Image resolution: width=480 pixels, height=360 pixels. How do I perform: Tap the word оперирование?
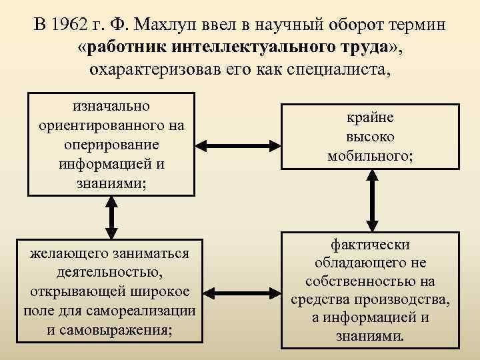tap(111, 145)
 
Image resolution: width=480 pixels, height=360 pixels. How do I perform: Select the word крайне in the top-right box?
tap(370, 118)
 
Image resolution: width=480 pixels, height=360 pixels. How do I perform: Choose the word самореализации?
tap(149, 311)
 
